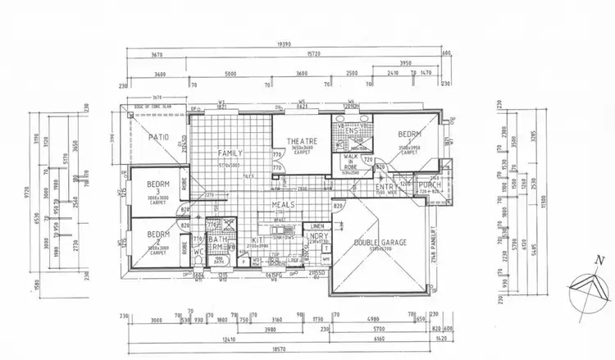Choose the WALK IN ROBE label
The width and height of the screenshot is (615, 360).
tap(352, 159)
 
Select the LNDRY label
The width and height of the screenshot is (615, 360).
tap(317, 235)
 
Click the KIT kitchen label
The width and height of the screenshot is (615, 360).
tap(258, 239)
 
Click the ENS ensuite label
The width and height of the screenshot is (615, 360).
tap(353, 130)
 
